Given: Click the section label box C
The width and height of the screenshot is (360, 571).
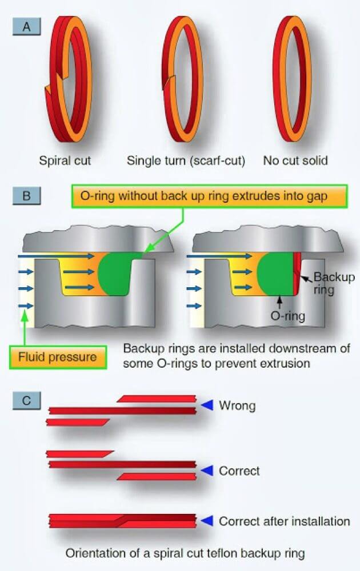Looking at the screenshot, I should pos(26,401).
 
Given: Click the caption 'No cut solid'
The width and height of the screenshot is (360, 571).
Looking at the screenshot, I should pos(295,160).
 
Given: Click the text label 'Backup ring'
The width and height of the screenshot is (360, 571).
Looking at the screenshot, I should pos(334,283).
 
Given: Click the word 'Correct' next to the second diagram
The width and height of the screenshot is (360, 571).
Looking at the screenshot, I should pos(239,471).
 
